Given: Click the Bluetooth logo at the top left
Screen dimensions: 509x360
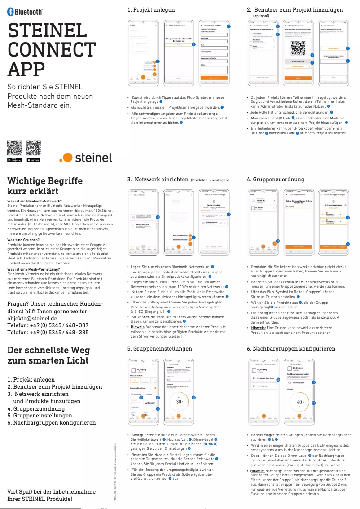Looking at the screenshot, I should pyautogui.click(x=26, y=13).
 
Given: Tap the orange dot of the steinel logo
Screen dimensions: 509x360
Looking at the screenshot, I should pyautogui.click(x=66, y=158).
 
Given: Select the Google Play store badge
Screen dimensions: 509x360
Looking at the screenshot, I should pyautogui.click(x=15, y=160).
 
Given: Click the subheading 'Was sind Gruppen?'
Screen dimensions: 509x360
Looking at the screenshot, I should pyautogui.click(x=23, y=240).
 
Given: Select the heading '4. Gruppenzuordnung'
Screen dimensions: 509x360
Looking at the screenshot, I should pyautogui.click(x=275, y=179).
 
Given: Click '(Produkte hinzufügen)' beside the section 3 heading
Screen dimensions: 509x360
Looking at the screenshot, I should pyautogui.click(x=210, y=180).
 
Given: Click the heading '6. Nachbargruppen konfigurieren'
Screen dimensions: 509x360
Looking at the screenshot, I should pyautogui.click(x=291, y=348).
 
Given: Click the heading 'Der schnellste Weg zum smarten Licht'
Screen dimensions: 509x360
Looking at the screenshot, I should pyautogui.click(x=48, y=355).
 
